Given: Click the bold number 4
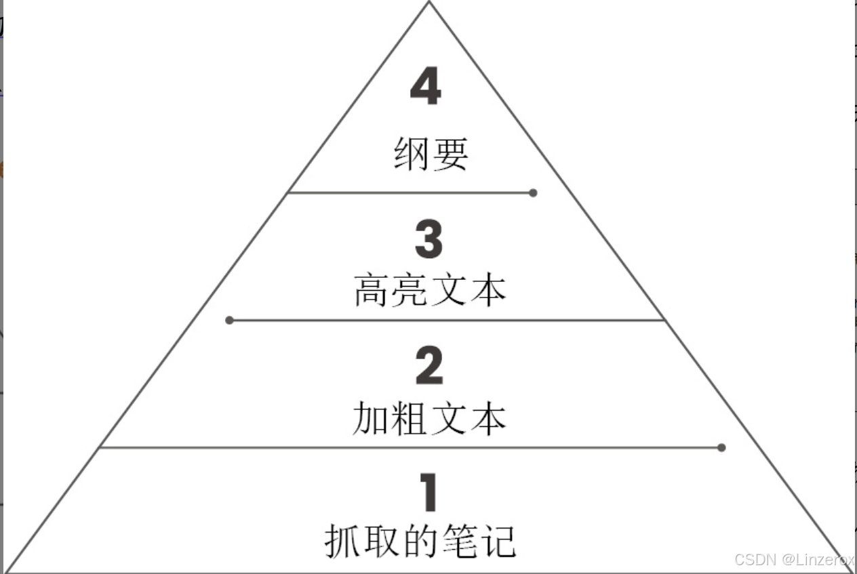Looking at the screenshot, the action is point(426,86).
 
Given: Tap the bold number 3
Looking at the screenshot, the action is point(428,239).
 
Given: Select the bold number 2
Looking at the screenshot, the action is point(428,366).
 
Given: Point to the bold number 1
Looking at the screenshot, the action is point(428,493).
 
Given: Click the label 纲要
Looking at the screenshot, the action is point(431,153).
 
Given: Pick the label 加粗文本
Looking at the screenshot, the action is point(429,418).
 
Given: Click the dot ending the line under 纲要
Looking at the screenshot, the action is point(533,193).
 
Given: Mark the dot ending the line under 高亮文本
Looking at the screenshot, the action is point(229,320).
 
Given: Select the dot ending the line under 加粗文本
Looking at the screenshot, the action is point(721,447).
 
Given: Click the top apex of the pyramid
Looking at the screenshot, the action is point(429,3).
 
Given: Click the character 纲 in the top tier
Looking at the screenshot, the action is point(411,153).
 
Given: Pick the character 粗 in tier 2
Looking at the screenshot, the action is point(409,418).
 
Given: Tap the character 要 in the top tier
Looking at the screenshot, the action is point(450,153).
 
